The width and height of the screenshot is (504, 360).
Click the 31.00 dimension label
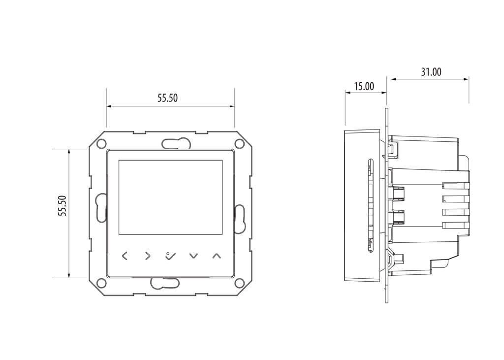(x=431, y=72)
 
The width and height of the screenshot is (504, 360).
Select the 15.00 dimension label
(x=364, y=86)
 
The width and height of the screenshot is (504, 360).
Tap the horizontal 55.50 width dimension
(x=167, y=98)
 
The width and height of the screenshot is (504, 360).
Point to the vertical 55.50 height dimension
(x=63, y=206)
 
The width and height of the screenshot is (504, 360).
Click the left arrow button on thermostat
(x=125, y=256)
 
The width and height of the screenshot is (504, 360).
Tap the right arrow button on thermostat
(x=147, y=256)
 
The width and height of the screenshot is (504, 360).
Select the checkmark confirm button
(x=170, y=256)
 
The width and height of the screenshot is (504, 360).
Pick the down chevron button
(x=193, y=256)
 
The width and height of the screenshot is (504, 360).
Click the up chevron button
(x=217, y=256)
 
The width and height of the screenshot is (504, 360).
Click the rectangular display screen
(x=170, y=197)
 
